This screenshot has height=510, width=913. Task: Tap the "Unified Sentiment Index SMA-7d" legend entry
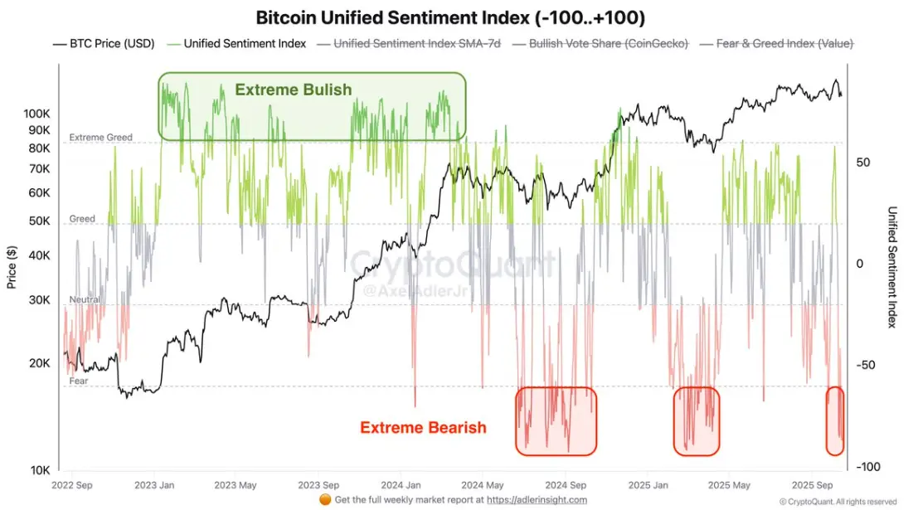(415, 43)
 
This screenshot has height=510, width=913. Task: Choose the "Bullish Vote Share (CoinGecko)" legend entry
(608, 43)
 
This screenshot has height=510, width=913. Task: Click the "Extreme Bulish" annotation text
(294, 90)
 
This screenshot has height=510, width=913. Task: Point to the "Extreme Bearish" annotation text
(423, 428)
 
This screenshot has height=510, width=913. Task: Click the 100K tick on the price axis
(37, 113)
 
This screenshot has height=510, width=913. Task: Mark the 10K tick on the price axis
(40, 470)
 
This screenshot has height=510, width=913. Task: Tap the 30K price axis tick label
(39, 300)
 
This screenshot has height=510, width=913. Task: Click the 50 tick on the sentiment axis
(863, 163)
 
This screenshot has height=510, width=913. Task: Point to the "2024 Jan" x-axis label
(402, 485)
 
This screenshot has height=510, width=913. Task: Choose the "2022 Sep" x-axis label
(73, 485)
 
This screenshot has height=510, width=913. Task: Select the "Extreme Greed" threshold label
(100, 138)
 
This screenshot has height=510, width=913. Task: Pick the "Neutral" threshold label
(85, 299)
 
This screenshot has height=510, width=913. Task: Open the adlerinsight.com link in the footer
(537, 500)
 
